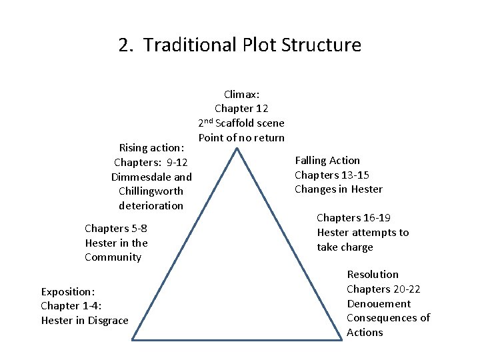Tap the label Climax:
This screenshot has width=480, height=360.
coord(241,94)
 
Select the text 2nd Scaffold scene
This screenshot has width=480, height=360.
coord(241,123)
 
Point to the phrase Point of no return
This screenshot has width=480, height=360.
coord(241,138)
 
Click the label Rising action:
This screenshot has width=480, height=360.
coord(151,147)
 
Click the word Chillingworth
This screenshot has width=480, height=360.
coord(151,191)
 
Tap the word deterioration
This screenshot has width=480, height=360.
coord(151,205)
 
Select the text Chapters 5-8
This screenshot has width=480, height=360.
coord(116,228)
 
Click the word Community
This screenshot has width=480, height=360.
coord(113,257)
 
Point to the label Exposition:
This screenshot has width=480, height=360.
coord(68,291)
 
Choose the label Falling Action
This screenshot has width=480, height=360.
coord(327,160)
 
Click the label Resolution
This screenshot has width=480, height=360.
coord(373,274)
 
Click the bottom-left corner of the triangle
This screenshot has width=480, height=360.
coord(132,340)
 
